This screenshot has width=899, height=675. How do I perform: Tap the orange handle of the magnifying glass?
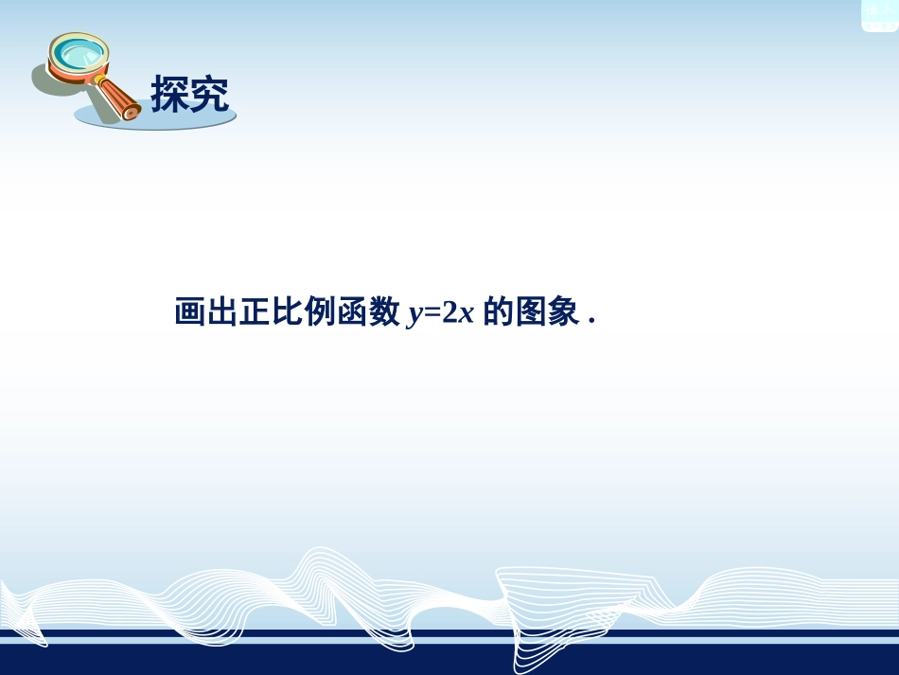[117, 97]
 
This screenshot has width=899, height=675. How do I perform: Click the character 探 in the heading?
[170, 95]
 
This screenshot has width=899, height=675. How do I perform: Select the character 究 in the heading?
[210, 95]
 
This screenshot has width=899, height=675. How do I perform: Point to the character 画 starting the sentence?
[190, 312]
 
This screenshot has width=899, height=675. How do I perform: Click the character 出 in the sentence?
[222, 312]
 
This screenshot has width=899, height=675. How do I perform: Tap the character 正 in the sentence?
[256, 312]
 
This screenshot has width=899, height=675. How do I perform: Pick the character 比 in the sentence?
[288, 312]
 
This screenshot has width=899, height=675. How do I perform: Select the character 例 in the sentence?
[320, 312]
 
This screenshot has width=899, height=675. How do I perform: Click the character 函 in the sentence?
[352, 312]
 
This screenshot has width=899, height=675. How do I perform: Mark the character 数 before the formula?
[384, 312]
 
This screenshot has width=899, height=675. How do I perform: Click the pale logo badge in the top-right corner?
[878, 15]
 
